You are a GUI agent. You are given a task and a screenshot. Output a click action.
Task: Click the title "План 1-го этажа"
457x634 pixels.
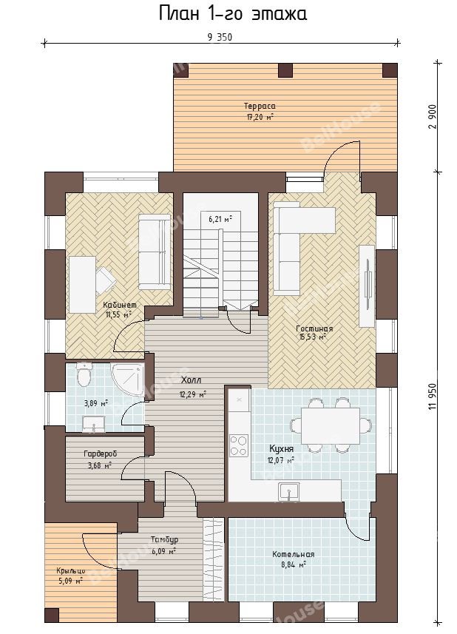[233, 13]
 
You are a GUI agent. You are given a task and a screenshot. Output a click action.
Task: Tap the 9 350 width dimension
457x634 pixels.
[220, 38]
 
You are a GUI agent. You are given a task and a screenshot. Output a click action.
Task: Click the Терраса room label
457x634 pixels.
[260, 107]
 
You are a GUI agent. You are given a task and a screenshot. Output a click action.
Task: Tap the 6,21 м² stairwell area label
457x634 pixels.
[220, 220]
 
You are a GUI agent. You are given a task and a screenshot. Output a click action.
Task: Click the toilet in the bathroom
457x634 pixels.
[84, 375]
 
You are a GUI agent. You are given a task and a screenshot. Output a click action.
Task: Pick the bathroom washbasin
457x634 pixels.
[94, 424]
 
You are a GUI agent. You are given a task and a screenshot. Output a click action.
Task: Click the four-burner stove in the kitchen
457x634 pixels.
[239, 445]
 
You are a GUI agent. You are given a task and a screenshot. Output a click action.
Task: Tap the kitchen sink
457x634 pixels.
[288, 491]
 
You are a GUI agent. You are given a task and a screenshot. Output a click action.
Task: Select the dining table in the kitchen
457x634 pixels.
[330, 426]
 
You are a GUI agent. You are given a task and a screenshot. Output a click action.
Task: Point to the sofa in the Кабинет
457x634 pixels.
[155, 252]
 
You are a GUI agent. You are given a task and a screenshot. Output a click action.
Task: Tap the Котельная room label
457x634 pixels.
[293, 554]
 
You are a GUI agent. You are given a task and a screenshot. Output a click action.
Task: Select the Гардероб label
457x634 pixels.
[101, 454]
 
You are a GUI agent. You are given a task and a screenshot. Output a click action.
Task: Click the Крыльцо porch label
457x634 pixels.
[71, 571]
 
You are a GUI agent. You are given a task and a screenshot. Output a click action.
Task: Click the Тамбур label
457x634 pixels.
[164, 540]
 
